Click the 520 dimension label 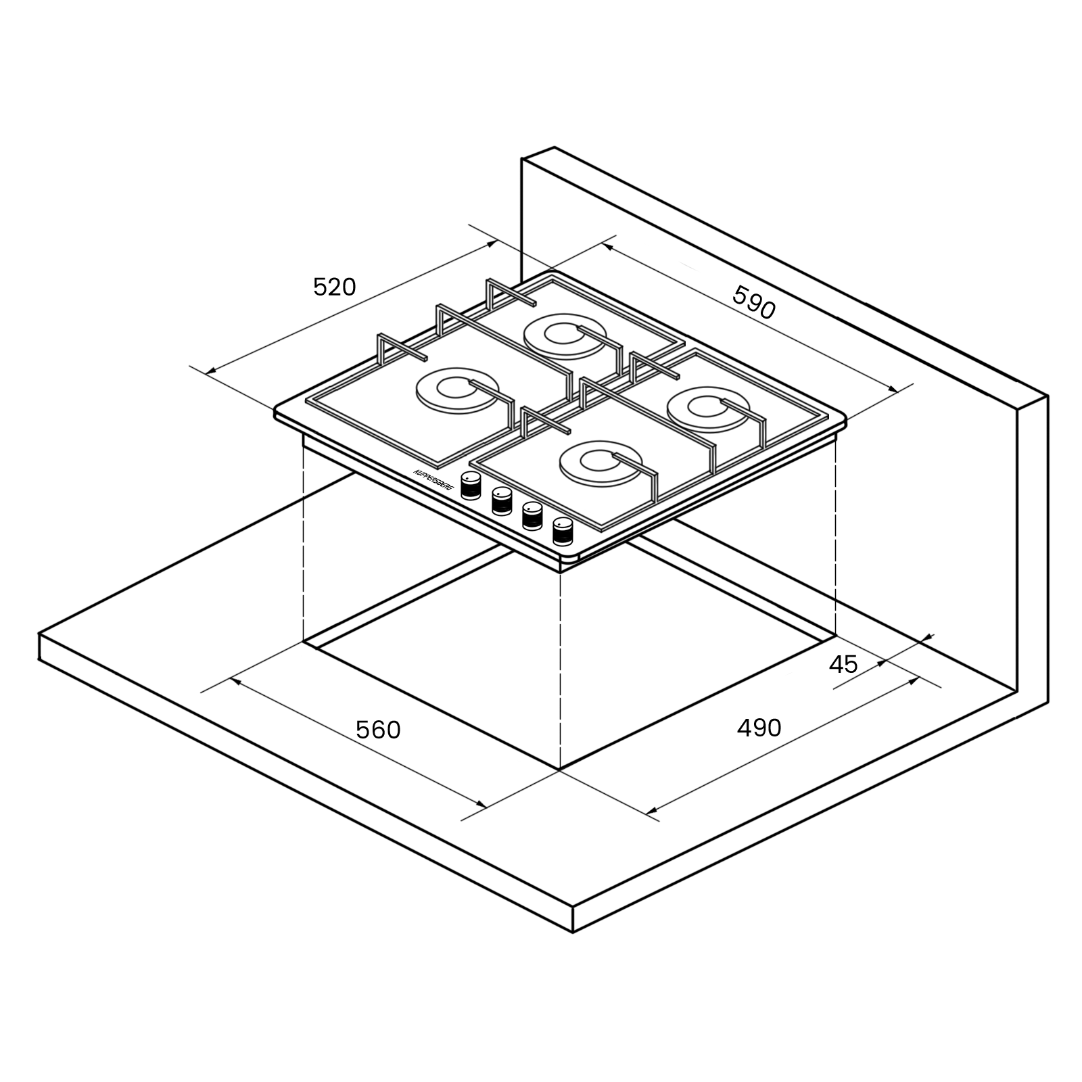point(334,287)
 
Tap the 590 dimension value point(754,302)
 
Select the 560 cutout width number point(378,730)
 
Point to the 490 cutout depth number point(759,728)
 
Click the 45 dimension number point(843,665)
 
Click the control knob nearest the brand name point(471,486)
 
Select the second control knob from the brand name point(502,501)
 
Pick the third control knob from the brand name point(532,516)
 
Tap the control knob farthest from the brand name point(563,532)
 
